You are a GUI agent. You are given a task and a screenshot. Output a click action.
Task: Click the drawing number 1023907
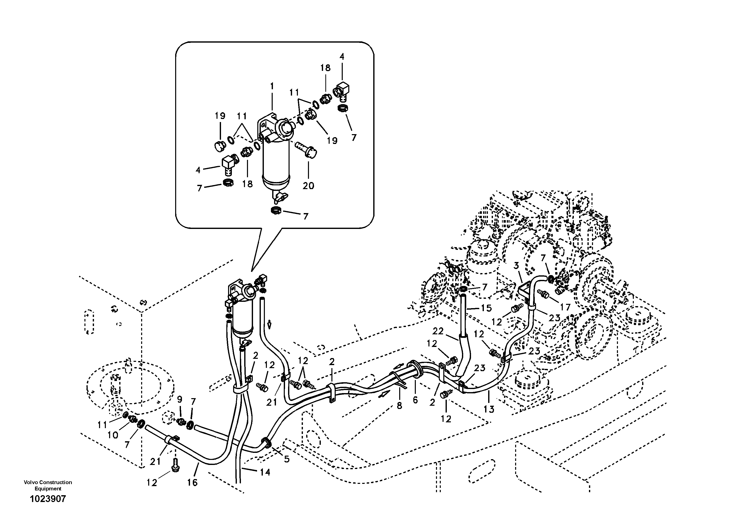click(48, 499)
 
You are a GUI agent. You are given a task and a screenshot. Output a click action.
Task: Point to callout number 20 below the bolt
click(308, 186)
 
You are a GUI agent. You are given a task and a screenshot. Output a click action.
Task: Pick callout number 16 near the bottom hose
click(192, 483)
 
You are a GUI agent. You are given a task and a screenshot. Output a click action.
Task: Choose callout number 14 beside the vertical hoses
click(265, 472)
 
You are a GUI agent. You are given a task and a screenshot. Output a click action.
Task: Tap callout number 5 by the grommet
click(287, 459)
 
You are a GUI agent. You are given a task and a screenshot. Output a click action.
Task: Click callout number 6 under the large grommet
click(415, 400)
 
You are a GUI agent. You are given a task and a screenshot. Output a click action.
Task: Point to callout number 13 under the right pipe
click(489, 409)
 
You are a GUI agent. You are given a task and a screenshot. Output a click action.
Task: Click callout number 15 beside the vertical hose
click(486, 308)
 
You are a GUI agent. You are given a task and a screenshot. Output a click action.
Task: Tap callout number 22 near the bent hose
click(438, 331)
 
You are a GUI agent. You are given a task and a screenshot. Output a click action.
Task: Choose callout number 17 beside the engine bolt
click(565, 307)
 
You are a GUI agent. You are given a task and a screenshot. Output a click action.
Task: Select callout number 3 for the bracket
click(516, 266)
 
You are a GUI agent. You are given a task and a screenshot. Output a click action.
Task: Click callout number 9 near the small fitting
click(180, 399)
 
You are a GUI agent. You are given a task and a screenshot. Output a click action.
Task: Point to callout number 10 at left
click(113, 435)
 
